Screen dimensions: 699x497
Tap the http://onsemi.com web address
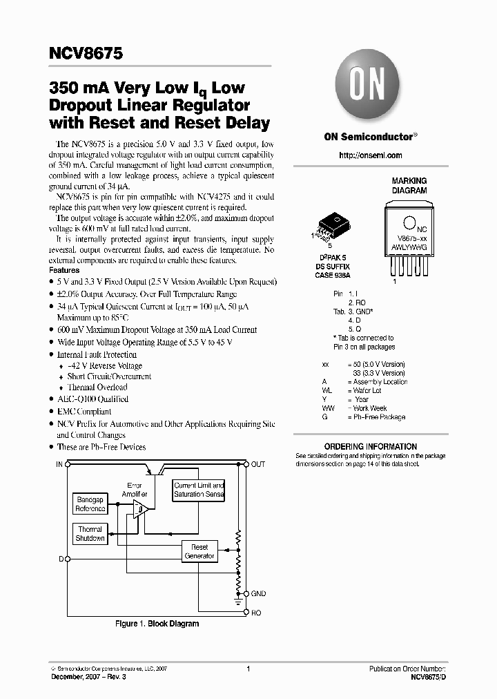click(370, 155)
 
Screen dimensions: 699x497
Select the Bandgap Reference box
click(90, 504)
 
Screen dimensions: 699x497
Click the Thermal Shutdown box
click(90, 533)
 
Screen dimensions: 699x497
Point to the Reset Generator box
click(199, 551)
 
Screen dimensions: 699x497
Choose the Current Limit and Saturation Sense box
click(199, 490)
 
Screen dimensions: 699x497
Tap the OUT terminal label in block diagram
click(257, 464)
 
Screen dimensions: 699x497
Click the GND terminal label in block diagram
click(258, 594)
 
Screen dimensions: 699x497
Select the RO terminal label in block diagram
click(256, 612)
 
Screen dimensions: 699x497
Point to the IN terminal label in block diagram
click(59, 464)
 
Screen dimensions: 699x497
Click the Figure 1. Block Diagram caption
click(157, 624)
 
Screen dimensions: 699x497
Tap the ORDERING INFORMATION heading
click(370, 447)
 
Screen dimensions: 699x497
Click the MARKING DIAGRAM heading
click(409, 185)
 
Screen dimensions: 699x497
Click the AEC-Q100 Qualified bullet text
click(92, 399)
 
